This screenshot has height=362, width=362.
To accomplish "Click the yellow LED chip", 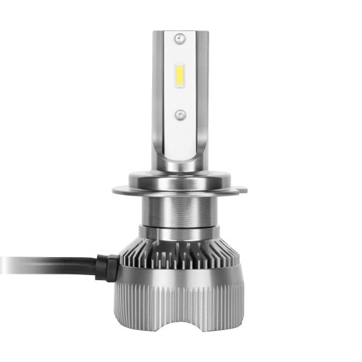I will pyautogui.click(x=181, y=75).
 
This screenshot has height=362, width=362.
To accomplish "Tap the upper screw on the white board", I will pyautogui.click(x=181, y=36).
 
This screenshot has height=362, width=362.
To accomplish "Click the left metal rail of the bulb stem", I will pyautogui.click(x=156, y=94).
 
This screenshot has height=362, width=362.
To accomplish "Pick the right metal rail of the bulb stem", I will pyautogui.click(x=206, y=94).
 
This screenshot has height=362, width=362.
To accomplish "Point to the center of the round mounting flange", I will pyautogui.click(x=181, y=189).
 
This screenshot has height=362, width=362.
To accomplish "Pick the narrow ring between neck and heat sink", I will pyautogui.click(x=181, y=232).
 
